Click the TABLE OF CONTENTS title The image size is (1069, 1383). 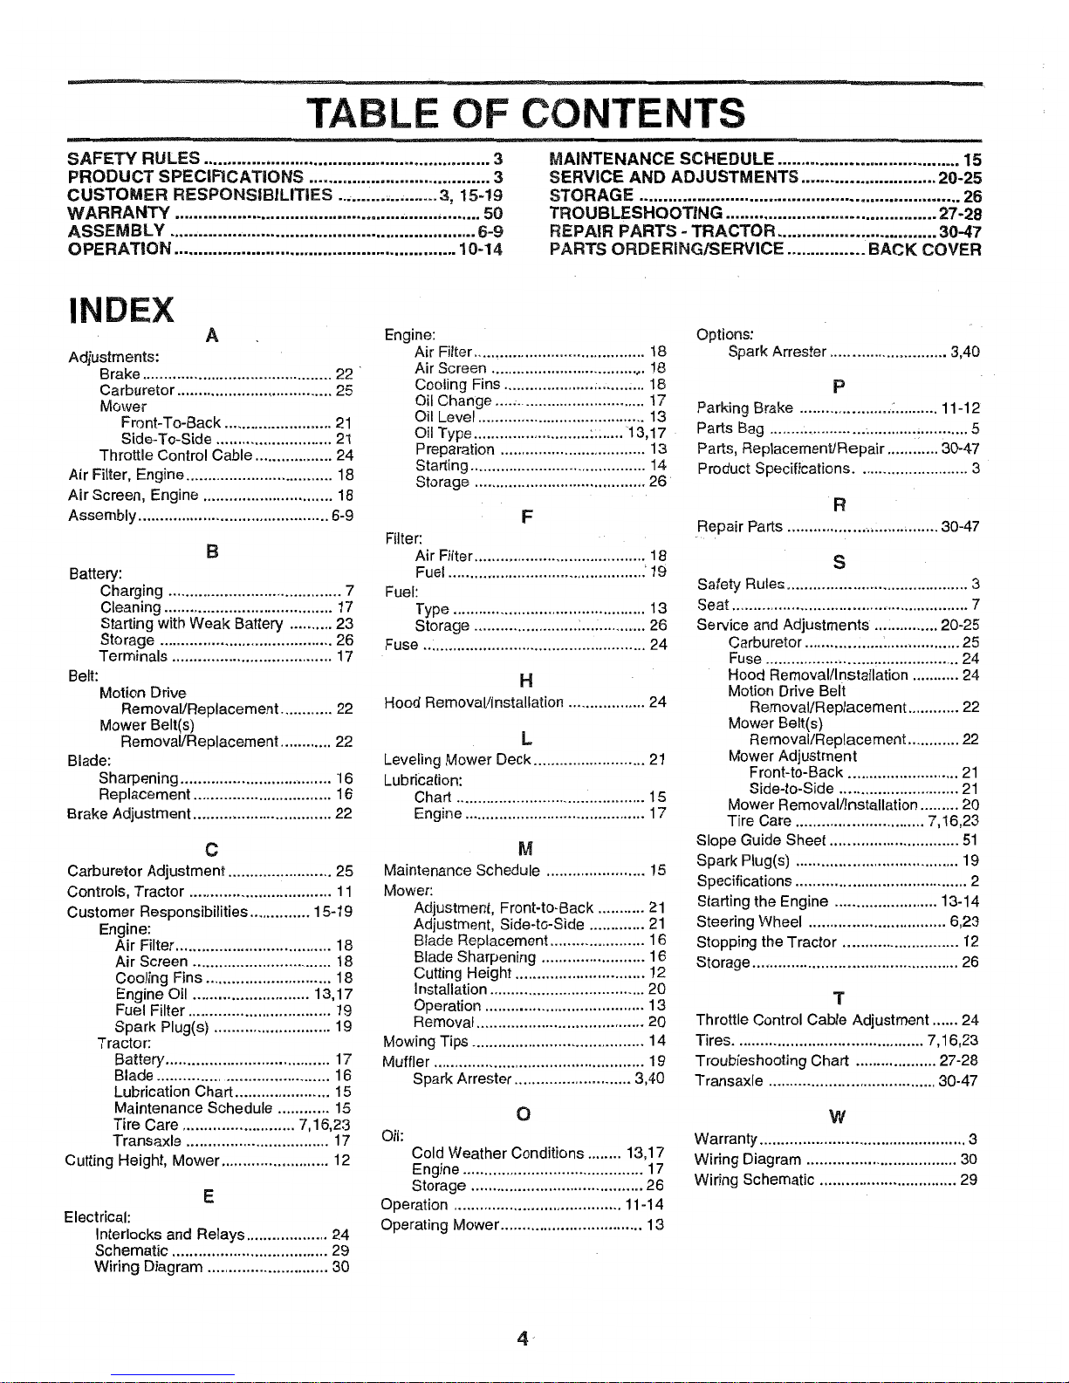[527, 113]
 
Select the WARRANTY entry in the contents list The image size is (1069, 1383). [119, 213]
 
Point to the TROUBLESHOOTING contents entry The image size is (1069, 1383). [635, 213]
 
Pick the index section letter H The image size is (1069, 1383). [525, 681]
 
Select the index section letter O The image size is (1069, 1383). [524, 1113]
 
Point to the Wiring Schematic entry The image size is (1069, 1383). [755, 1180]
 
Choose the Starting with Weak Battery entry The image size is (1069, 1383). [191, 624]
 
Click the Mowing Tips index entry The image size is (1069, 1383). [427, 1041]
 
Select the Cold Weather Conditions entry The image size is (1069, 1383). [497, 1153]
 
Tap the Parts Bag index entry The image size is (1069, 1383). [730, 428]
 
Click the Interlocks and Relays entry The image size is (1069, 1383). [169, 1234]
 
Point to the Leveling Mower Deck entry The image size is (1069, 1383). [457, 759]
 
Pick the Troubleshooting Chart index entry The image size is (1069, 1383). [772, 1060]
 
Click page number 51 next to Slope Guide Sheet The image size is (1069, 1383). [970, 840]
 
